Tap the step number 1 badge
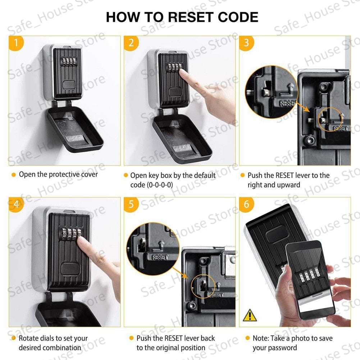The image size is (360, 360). point(16,43)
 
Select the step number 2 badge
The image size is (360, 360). point(131,43)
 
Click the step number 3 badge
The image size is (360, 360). point(246,43)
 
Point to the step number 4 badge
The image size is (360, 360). point(16,204)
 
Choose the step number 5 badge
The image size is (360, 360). point(131,204)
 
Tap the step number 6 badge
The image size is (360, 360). point(246,204)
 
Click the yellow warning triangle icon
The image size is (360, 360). point(250,315)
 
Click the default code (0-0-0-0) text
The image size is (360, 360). point(151,185)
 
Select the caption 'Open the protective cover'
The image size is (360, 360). point(58,174)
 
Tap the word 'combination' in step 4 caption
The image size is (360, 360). point(61,348)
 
